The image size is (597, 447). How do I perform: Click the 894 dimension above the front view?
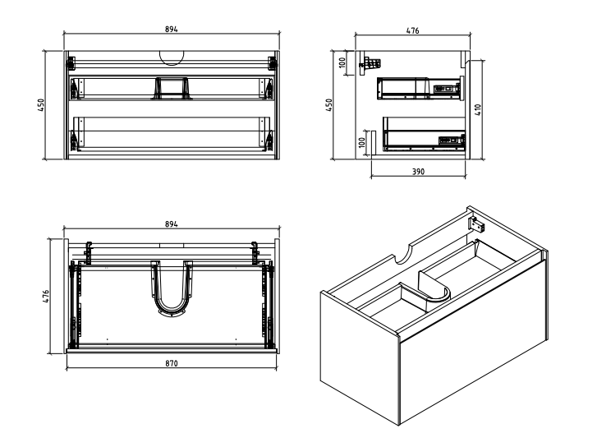[172, 30]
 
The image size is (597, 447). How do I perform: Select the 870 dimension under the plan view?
[172, 363]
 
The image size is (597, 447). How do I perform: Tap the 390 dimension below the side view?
[418, 172]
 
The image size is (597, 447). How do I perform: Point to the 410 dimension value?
[478, 110]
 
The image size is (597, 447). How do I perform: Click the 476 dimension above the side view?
[413, 31]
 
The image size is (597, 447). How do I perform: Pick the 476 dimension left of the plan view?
[46, 297]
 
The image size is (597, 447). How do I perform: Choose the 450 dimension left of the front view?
[41, 105]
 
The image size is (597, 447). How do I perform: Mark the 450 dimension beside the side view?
[329, 105]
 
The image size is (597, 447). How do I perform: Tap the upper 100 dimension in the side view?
[342, 62]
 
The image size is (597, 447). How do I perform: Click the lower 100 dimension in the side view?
[362, 142]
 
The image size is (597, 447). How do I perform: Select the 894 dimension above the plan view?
[172, 224]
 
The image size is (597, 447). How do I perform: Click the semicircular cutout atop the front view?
[172, 58]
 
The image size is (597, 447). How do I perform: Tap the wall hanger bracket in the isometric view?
[476, 223]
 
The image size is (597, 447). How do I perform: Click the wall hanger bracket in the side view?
[370, 64]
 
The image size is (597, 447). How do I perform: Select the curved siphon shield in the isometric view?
[434, 286]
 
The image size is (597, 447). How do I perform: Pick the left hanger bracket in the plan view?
[89, 253]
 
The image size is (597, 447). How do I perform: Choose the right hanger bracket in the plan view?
[255, 253]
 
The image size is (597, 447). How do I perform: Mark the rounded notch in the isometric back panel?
[403, 255]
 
